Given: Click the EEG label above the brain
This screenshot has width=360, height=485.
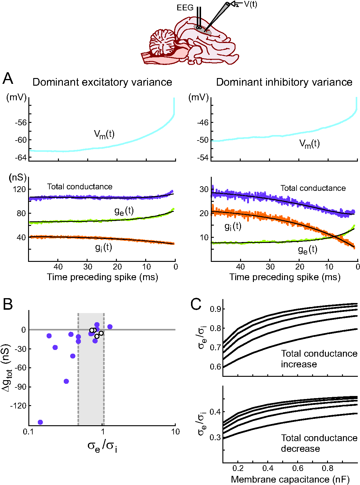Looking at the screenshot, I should point(185,8).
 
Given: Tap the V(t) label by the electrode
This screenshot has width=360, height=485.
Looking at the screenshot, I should point(250,4).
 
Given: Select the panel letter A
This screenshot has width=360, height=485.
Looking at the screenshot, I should point(8,79).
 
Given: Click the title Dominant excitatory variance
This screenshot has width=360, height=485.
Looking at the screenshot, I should point(102,82).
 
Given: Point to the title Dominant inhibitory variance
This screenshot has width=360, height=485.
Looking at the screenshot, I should point(284,82).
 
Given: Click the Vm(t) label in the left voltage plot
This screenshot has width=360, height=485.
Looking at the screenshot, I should point(104,134).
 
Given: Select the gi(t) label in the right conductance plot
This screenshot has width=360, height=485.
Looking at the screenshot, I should point(233,226).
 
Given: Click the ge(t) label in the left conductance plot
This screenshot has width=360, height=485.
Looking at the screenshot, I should point(124,211).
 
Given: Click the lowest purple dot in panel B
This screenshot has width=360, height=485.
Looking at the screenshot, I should point(40,422).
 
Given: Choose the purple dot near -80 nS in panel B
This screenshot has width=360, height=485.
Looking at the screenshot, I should point(66,381).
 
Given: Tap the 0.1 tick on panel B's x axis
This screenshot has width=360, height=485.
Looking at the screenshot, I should point(29,432).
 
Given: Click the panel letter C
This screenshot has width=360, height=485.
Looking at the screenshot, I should point(196,304).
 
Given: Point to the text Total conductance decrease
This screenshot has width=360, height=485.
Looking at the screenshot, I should point(319,443).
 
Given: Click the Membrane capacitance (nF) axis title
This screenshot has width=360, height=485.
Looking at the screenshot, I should point(290,480).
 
